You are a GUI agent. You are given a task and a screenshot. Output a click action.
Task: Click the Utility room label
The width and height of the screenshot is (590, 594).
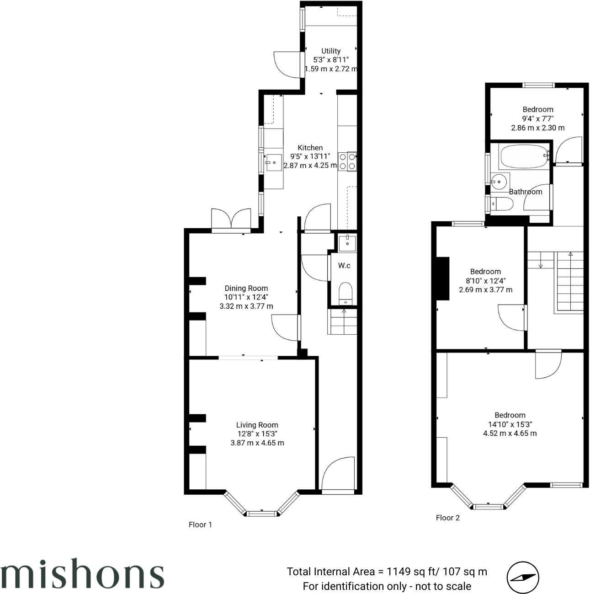tap(330, 51)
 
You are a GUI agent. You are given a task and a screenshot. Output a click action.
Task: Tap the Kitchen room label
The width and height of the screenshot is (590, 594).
tap(310, 148)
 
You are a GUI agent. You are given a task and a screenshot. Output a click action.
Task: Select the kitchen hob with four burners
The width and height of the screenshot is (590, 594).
tap(347, 161)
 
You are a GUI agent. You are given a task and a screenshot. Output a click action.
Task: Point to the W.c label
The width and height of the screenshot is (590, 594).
tap(344, 265)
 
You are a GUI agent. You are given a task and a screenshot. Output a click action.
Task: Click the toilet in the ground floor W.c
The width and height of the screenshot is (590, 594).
tap(345, 293)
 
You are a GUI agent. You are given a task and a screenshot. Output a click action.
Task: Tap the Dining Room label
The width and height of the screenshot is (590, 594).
tap(246, 288)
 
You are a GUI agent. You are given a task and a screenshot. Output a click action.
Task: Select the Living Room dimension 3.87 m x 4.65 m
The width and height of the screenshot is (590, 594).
tap(257, 443)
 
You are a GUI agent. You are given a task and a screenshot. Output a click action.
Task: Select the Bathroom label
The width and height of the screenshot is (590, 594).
tap(526, 192)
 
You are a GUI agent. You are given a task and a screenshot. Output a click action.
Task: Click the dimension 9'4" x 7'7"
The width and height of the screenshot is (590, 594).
tap(537, 118)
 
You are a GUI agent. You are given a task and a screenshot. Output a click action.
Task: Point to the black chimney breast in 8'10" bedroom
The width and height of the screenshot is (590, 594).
tap(442, 278)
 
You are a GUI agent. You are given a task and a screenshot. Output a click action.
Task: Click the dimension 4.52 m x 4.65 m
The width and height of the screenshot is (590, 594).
tap(510, 433)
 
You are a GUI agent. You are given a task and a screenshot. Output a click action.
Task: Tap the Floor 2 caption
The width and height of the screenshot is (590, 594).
tap(447, 518)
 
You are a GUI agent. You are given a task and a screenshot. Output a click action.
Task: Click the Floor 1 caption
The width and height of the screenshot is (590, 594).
tap(200, 524)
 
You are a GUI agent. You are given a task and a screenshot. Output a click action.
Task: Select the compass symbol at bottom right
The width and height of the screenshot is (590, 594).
tap(522, 578)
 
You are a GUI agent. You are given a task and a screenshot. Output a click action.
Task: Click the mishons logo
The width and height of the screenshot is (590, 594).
tap(82, 573)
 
